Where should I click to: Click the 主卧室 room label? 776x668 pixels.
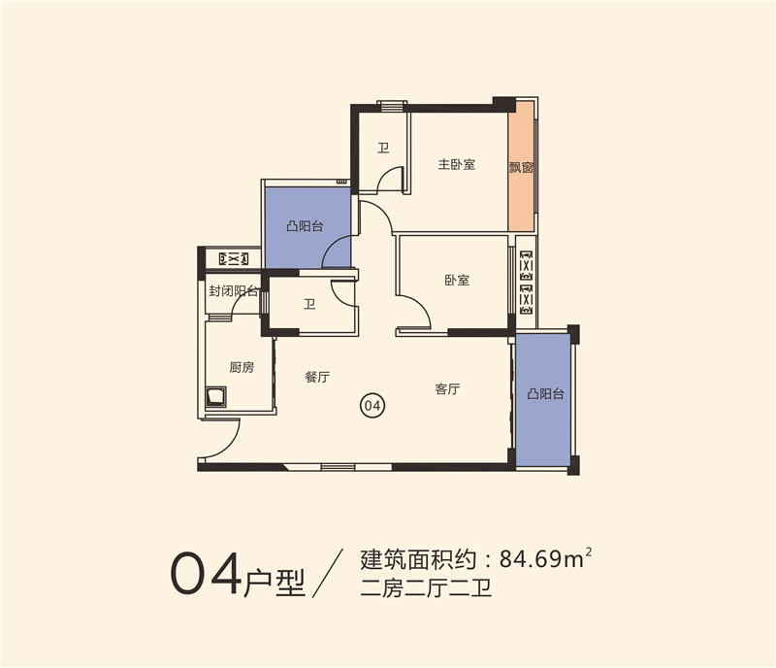(456, 164)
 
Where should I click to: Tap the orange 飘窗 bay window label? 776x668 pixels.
(521, 167)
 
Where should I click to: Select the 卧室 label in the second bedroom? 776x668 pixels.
(456, 280)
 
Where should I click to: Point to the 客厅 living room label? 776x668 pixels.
(447, 389)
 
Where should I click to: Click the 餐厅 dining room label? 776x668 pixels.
(317, 377)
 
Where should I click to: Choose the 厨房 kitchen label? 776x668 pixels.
(242, 367)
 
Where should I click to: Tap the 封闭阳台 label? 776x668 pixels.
(234, 291)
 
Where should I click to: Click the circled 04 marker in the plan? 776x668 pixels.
(372, 406)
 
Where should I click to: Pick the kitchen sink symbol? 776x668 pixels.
(215, 397)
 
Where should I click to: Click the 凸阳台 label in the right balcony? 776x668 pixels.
(545, 394)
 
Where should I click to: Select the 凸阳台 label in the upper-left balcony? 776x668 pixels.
(305, 226)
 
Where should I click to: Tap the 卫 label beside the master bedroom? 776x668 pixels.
(383, 148)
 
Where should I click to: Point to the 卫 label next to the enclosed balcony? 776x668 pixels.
(309, 304)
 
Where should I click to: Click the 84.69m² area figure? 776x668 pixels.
(545, 558)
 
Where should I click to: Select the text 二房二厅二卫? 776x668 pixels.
(426, 588)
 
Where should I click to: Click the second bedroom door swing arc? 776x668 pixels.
(420, 306)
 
